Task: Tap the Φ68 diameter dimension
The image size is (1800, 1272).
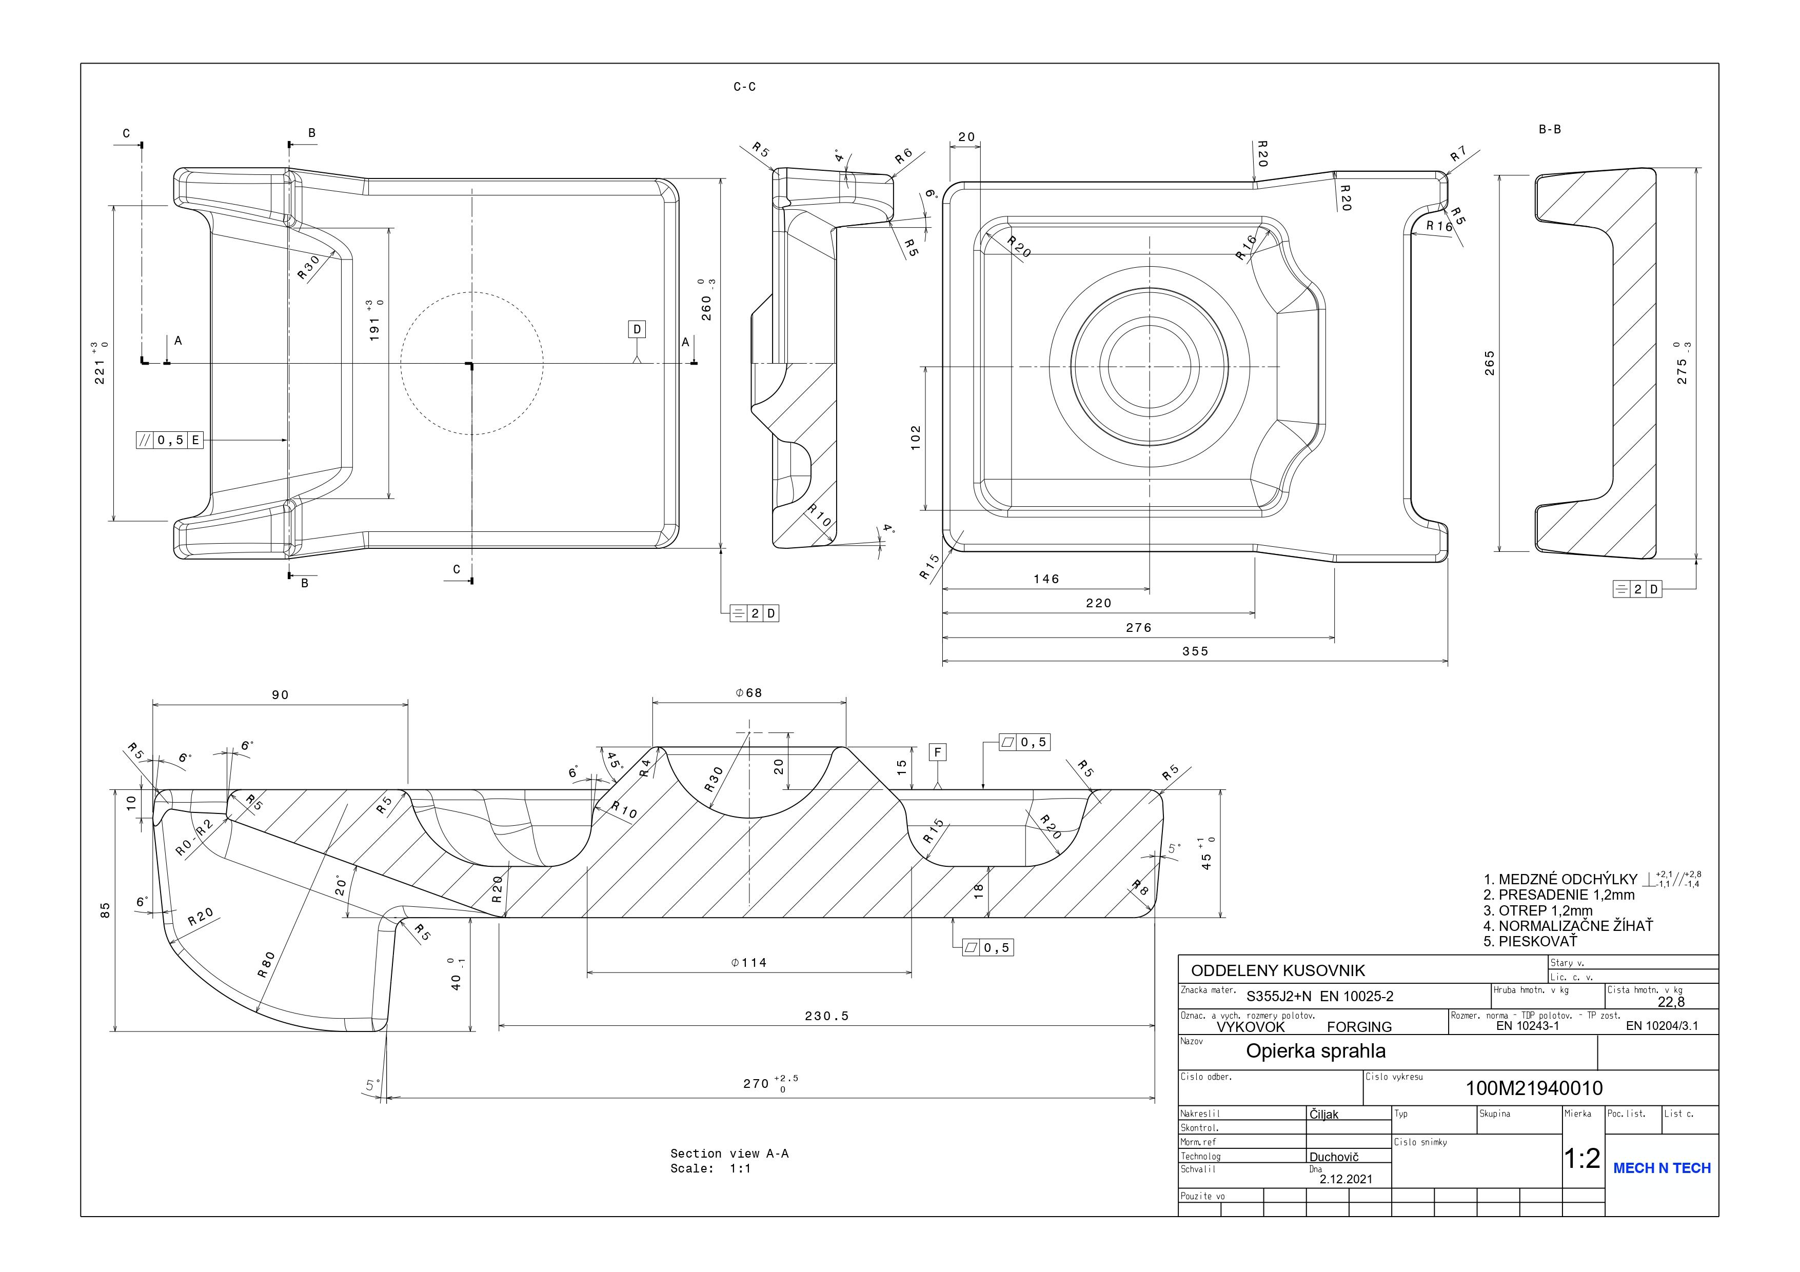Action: pos(749,693)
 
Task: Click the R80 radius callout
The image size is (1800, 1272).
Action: pos(267,964)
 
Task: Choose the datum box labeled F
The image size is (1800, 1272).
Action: pos(938,752)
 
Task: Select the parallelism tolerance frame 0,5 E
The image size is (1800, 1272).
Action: pos(170,441)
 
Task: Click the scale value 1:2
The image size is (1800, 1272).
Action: pos(1582,1158)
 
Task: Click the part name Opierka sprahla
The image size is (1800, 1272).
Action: pos(1316,1051)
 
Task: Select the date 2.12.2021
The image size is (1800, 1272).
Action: pos(1346,1179)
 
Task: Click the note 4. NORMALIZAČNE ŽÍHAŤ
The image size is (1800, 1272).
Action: pos(1568,926)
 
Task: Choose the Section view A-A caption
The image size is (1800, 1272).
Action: pos(729,1154)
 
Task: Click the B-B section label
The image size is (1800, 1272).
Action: pos(1549,129)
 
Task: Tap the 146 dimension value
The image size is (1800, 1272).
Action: pos(1046,579)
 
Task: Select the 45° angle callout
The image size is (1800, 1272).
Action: pos(614,762)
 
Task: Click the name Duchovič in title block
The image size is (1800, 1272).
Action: pos(1334,1157)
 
